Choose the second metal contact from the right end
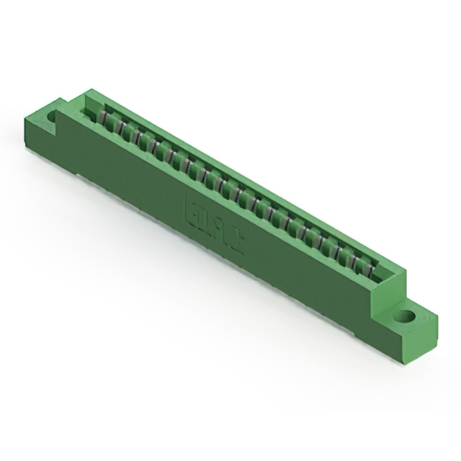(x=354, y=262)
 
